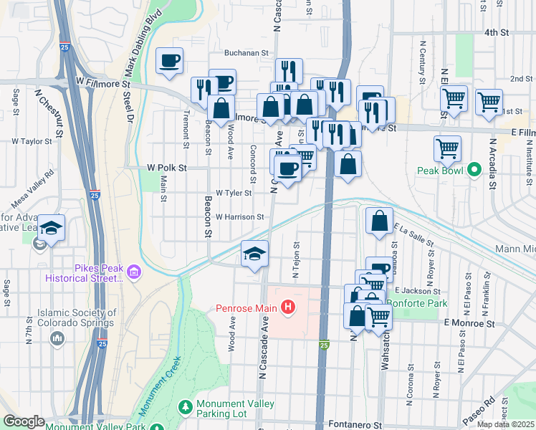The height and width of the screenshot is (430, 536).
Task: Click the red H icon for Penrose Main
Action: pos(288,308)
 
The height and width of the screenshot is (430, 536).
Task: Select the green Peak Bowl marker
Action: pos(474,171)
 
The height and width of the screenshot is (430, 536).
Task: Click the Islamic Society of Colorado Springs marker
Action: pos(58,338)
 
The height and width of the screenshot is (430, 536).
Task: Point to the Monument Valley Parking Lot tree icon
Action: pos(186,407)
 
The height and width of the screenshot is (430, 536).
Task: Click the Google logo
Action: pos(24,421)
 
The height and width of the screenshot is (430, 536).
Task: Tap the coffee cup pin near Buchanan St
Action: pos(169,60)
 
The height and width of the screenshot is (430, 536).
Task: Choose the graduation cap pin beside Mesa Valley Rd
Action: pos(52,227)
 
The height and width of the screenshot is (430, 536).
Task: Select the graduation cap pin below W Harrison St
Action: pos(254,253)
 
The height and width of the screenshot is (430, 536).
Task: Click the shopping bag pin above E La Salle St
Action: pos(379,221)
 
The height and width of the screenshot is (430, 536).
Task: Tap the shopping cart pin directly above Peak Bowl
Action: pos(447,148)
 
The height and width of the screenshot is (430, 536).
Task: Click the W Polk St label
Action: pos(166,168)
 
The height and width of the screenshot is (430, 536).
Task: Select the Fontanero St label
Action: pos(356,424)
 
